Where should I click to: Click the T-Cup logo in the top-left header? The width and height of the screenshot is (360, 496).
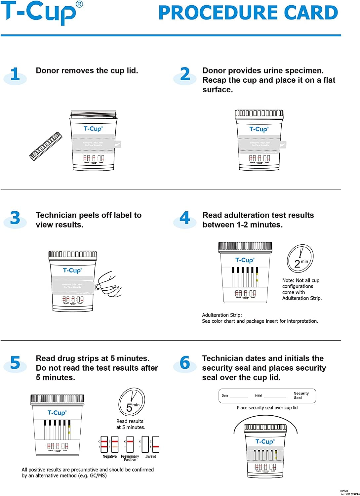41,13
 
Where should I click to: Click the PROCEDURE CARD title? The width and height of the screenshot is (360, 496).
248,13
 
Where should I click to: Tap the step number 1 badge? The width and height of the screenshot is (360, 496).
15,74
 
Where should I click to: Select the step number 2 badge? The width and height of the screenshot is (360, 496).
185,74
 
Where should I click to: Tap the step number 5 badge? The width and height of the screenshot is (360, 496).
15,363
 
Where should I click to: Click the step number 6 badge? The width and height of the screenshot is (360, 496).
185,363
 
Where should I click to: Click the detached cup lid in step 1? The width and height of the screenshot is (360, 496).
46,146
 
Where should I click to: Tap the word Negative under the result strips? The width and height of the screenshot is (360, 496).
109,456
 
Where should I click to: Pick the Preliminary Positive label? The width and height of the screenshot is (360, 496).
130,458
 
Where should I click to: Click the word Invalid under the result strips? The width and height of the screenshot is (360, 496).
150,456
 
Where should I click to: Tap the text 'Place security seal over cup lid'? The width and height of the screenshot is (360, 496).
267,408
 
